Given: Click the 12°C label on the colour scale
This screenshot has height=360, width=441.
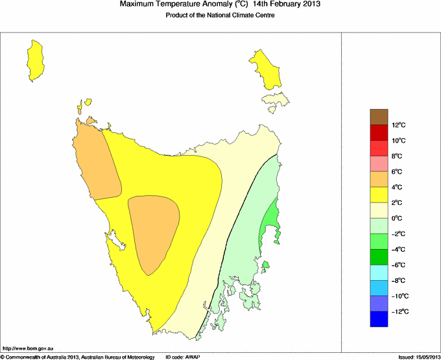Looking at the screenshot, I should [x=398, y=125].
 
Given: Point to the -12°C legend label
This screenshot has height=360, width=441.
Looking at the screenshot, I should [x=398, y=312].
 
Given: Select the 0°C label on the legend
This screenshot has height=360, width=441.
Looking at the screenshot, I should [x=398, y=219].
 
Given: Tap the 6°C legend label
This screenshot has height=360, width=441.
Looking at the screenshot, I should [x=398, y=172].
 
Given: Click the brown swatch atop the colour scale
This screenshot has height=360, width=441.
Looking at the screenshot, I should [x=379, y=117].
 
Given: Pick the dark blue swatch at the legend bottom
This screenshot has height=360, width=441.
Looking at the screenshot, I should [x=379, y=319].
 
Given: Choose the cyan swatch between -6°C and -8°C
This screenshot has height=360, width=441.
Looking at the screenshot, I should [x=379, y=272].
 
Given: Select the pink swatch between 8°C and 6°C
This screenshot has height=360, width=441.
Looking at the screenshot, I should [x=379, y=163].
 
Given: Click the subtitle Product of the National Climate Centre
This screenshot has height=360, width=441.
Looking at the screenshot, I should [x=220, y=16].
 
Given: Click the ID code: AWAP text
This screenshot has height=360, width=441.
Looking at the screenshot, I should [x=184, y=357].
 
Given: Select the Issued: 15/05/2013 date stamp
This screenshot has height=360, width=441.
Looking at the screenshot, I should [x=417, y=357].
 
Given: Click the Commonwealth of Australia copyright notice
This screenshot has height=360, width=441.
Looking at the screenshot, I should [x=77, y=357].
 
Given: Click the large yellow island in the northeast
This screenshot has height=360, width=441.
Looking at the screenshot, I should [x=265, y=68].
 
